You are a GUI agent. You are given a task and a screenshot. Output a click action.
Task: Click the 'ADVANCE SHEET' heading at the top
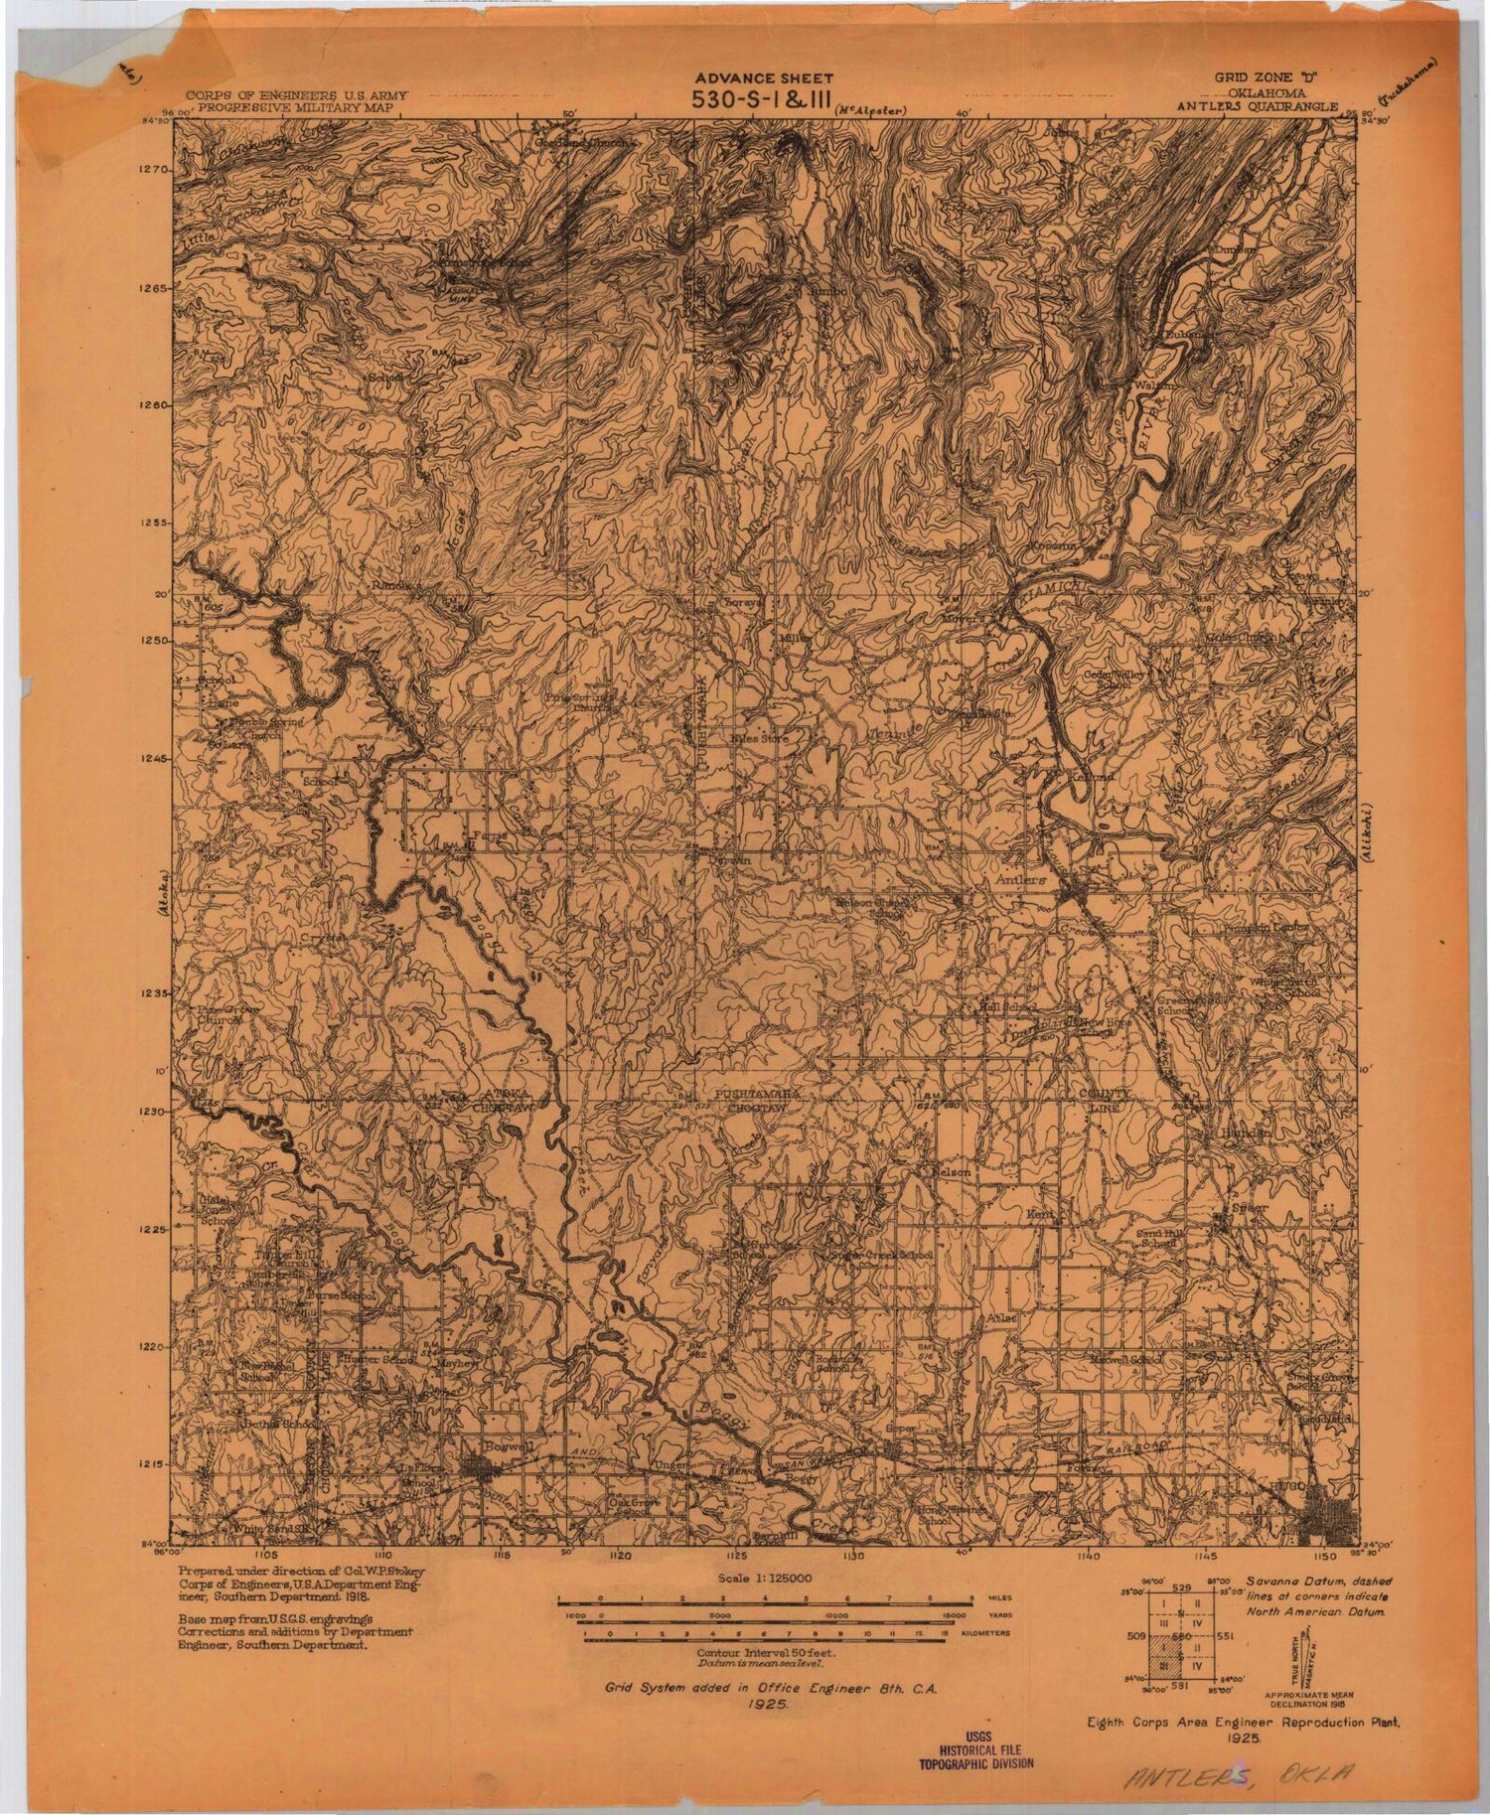point(763,78)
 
